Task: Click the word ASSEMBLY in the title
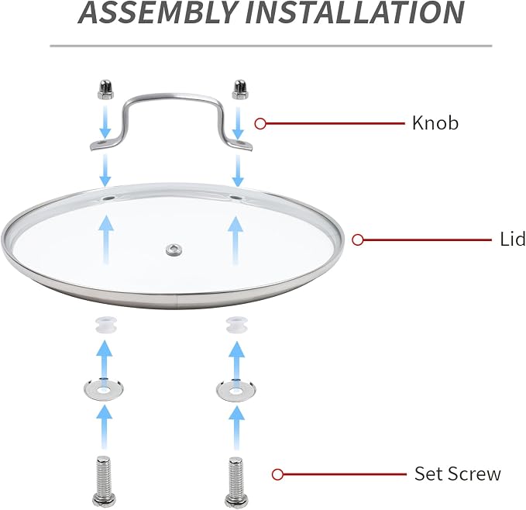[x=157, y=12]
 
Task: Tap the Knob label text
[x=435, y=122]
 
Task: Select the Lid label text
[x=512, y=239]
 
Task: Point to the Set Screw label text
[x=458, y=474]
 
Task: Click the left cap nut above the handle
[x=105, y=90]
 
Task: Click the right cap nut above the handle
[x=240, y=90]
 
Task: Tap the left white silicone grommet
[x=105, y=325]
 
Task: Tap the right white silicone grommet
[x=237, y=325]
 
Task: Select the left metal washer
[x=103, y=390]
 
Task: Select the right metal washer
[x=235, y=390]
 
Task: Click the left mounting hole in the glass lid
[x=108, y=198]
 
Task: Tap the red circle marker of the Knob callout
[x=260, y=123]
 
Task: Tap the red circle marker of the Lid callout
[x=358, y=240]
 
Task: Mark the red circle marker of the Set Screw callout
[x=277, y=474]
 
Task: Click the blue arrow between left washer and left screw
[x=105, y=427]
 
